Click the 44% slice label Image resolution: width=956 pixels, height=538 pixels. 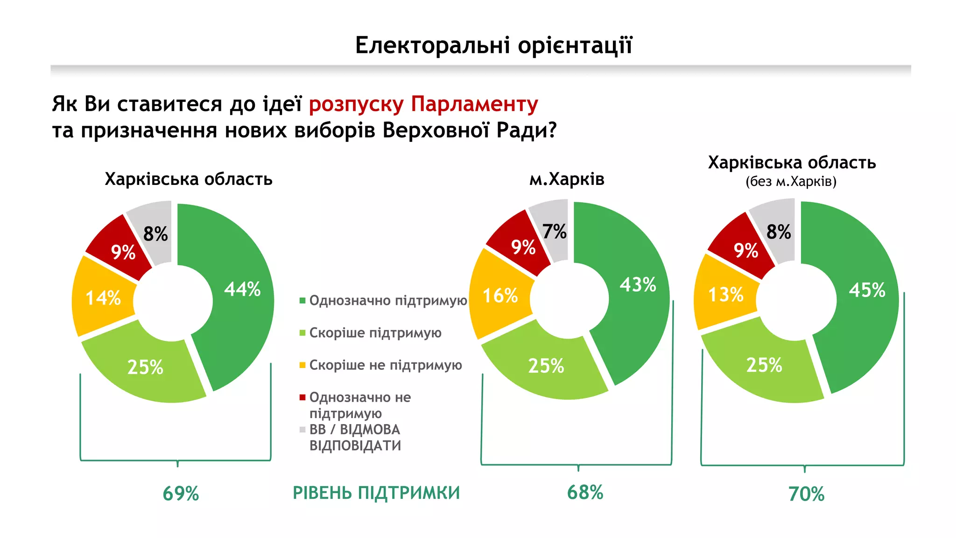pos(242,289)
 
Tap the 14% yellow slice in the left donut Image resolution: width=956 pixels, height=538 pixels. pos(103,297)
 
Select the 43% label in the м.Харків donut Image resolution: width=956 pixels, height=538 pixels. pos(638,284)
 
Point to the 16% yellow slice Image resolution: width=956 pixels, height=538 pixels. pos(500,295)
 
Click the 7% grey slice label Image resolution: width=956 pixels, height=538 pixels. pos(554,232)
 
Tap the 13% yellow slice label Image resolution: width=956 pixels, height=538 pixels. pos(725,295)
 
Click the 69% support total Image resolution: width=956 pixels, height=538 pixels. pos(181,494)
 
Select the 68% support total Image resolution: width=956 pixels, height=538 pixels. pos(585,493)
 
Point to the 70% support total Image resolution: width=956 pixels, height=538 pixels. pos(806,494)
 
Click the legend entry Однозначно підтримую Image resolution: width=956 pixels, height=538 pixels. pos(388,300)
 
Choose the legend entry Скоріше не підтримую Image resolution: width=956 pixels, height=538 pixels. pos(385,365)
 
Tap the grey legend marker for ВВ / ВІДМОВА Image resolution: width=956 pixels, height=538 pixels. pos(302,429)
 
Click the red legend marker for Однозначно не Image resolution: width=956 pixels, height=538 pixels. pos(302,397)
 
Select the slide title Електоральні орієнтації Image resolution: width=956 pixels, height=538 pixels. pos(493,45)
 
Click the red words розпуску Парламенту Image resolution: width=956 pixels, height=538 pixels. pos(423,104)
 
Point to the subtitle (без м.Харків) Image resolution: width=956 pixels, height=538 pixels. pos(791,181)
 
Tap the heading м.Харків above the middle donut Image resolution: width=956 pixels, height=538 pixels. pos(566,179)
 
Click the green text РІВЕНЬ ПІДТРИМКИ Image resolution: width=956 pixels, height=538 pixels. pos(376,493)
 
